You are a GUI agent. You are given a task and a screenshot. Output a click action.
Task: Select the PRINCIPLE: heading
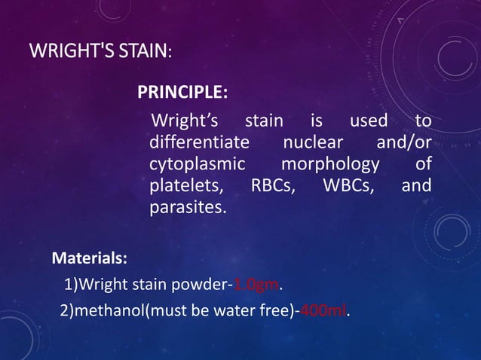pyautogui.click(x=182, y=93)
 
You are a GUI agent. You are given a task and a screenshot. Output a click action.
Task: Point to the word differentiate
pyautogui.click(x=199, y=142)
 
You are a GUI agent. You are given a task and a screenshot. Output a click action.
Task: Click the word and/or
pyautogui.click(x=403, y=142)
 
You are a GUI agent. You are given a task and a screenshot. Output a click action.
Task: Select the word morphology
pyautogui.click(x=328, y=164)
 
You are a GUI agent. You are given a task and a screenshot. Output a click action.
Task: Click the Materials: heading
pyautogui.click(x=89, y=258)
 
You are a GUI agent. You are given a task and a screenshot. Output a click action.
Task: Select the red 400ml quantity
pyautogui.click(x=323, y=310)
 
